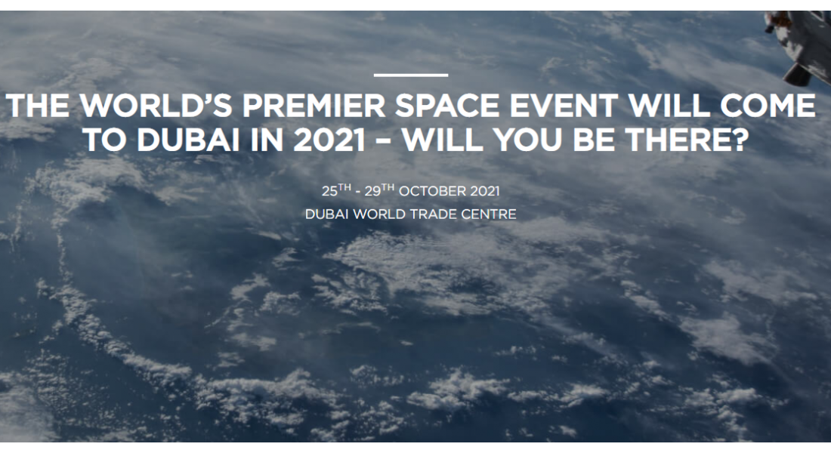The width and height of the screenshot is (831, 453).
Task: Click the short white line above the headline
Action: [x=411, y=75]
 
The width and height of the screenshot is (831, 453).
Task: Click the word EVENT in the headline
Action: [x=569, y=106]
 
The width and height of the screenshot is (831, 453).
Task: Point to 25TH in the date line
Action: [x=335, y=190]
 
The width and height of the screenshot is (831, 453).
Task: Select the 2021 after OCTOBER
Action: [x=483, y=191]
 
